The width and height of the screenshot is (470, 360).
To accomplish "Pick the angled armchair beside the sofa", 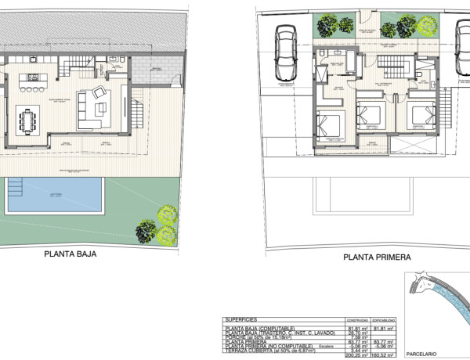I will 100,93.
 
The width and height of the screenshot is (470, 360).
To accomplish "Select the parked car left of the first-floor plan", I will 284,53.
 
